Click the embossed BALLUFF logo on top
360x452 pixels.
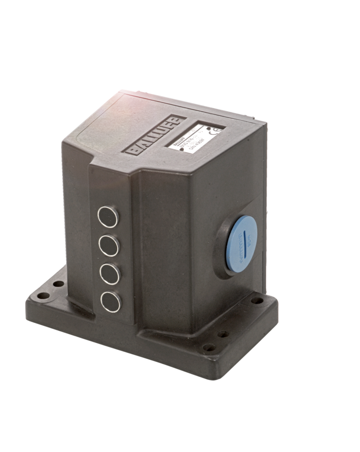pyautogui.click(x=155, y=136)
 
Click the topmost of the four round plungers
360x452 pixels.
pyautogui.click(x=108, y=217)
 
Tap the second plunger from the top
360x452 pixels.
pyautogui.click(x=109, y=245)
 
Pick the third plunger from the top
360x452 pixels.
pyautogui.click(x=110, y=274)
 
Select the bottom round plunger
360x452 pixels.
pyautogui.click(x=111, y=302)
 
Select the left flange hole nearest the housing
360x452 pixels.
pyautogui.click(x=58, y=284)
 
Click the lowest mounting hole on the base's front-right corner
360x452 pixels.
pyautogui.click(x=209, y=347)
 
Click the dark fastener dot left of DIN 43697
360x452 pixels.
pyautogui.click(x=182, y=148)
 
